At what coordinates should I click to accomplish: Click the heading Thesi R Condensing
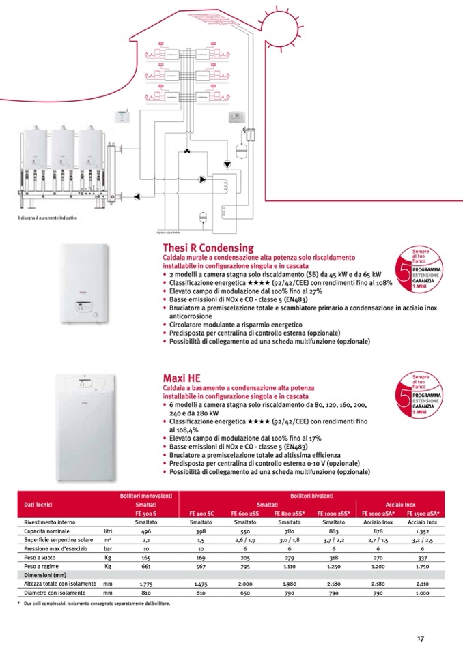[208, 248]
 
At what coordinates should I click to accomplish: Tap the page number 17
[421, 638]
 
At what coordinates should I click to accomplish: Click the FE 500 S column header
[146, 513]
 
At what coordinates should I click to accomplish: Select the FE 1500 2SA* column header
[423, 513]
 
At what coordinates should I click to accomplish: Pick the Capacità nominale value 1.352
[423, 531]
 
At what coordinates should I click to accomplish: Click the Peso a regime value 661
[145, 566]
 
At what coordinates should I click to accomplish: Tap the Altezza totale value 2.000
[245, 584]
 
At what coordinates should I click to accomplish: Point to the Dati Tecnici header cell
[38, 505]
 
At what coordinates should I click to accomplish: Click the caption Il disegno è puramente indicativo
[47, 218]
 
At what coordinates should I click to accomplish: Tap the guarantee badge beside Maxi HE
[417, 395]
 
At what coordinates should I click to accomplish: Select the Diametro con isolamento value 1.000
[423, 593]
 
